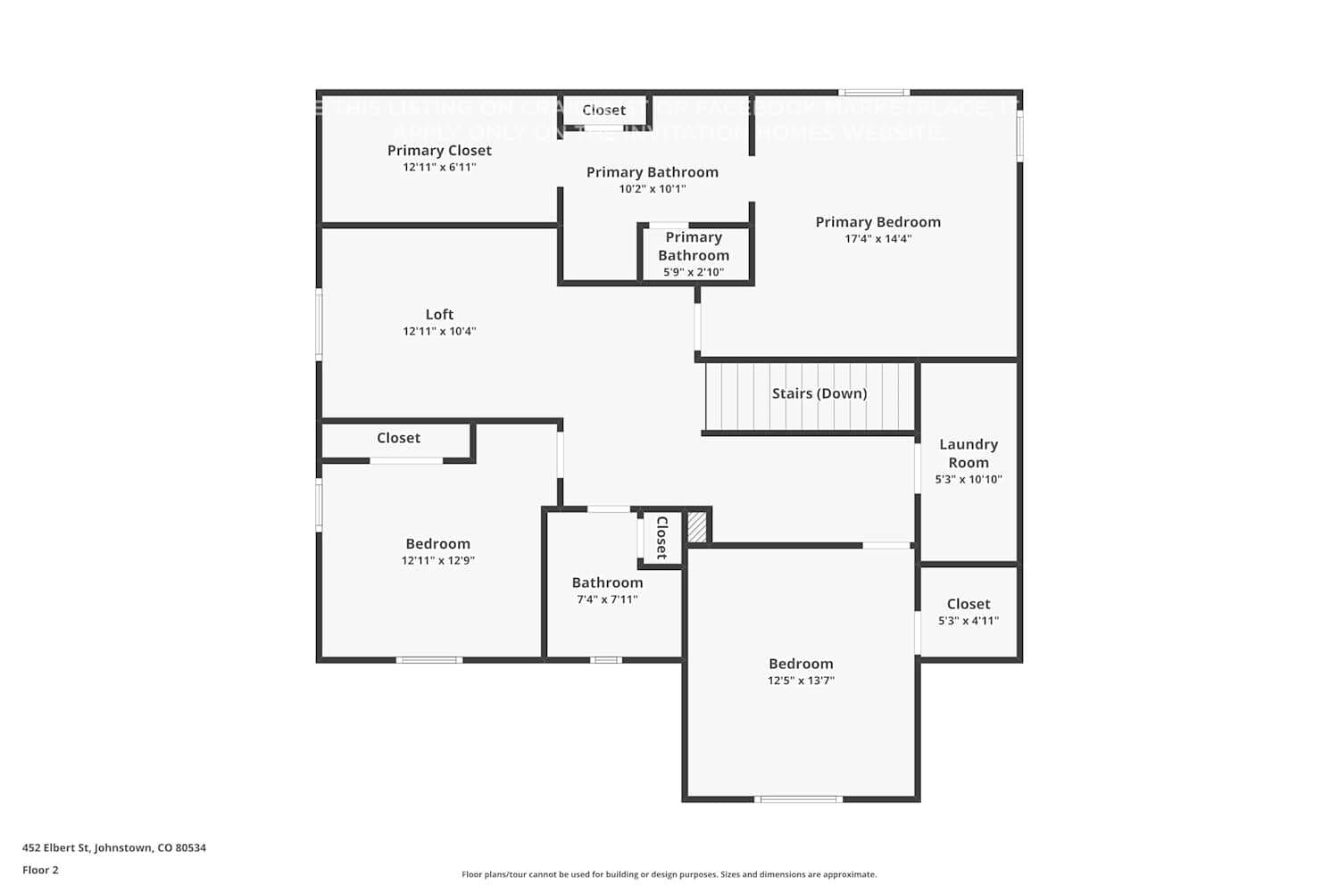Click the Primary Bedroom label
point(877,222)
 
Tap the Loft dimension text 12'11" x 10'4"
point(439,332)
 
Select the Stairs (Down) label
point(819,393)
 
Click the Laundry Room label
point(968,453)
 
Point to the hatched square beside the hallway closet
point(697,526)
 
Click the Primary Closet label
point(439,151)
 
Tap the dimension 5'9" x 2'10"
point(694,272)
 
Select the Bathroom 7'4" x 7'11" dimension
point(607,599)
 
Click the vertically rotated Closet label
point(661,538)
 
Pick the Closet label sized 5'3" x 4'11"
point(968,604)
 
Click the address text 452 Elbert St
point(114,848)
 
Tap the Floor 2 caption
point(40,871)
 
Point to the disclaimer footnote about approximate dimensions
point(669,875)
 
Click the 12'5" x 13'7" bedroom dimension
point(801,681)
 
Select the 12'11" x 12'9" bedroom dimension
point(437,561)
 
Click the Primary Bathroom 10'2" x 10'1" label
point(652,172)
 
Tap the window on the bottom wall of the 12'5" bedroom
point(798,799)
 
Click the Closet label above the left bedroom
point(398,438)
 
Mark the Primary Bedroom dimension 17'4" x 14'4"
point(877,239)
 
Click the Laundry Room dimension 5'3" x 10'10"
point(968,479)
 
